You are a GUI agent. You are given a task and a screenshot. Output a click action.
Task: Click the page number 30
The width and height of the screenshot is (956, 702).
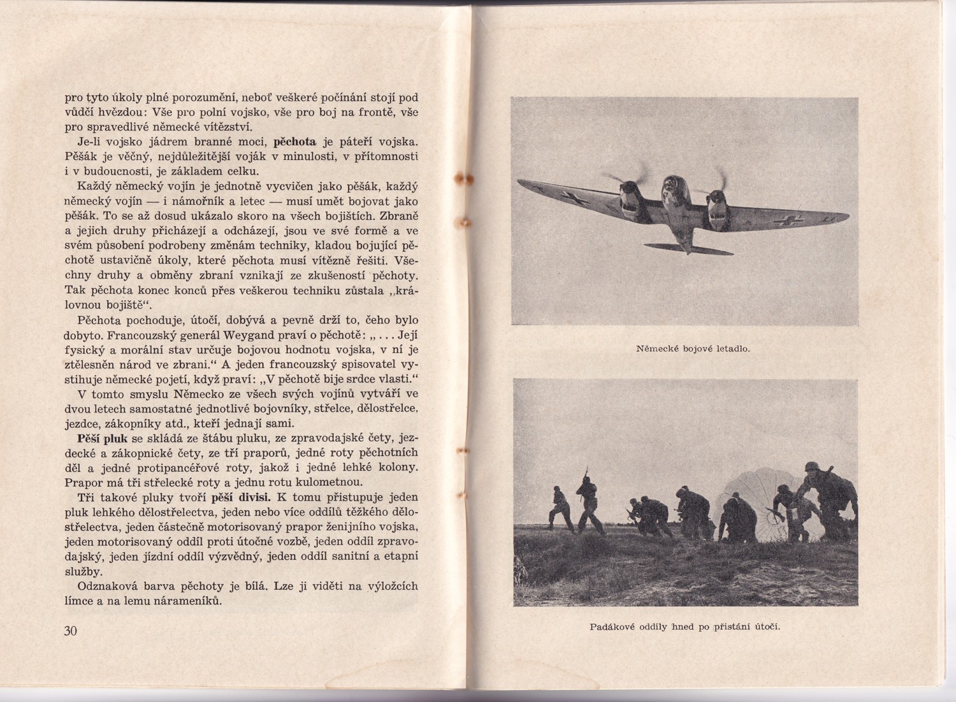pyautogui.click(x=69, y=631)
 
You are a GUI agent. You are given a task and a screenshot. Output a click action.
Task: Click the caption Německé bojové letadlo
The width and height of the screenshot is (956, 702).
pyautogui.click(x=693, y=349)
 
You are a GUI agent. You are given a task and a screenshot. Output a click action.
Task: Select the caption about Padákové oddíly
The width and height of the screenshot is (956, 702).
pyautogui.click(x=685, y=625)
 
